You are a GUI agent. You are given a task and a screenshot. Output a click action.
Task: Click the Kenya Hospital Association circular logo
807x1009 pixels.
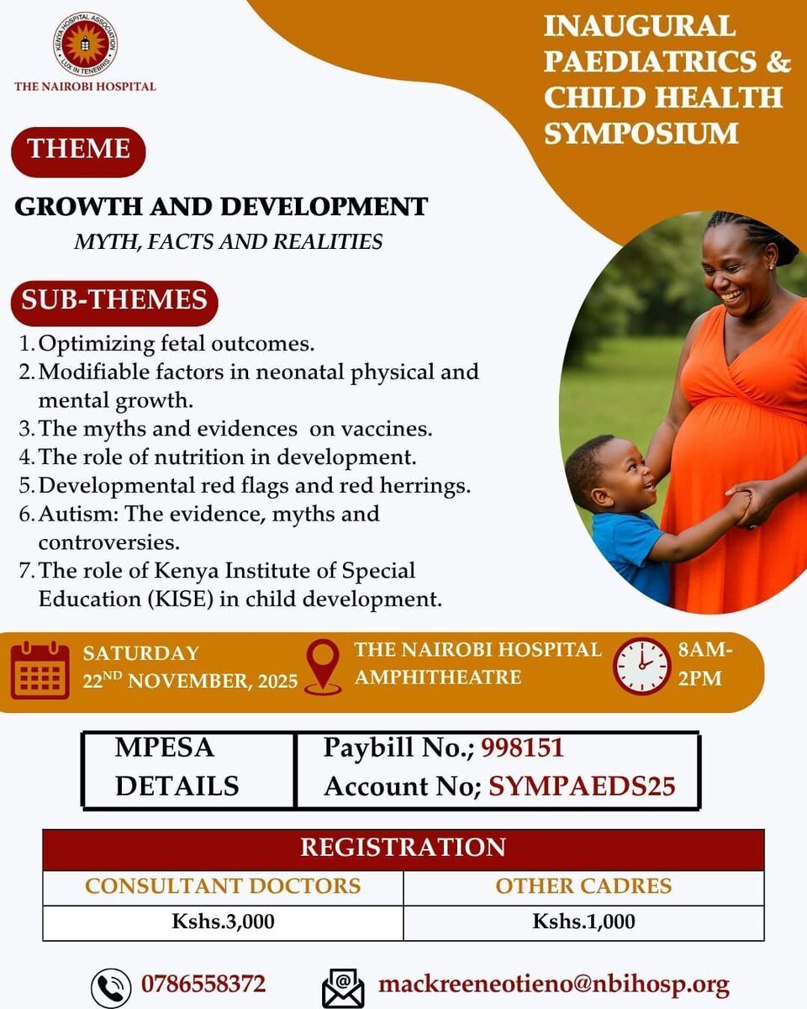tap(85, 44)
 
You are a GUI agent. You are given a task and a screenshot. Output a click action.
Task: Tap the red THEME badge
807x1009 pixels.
tap(78, 152)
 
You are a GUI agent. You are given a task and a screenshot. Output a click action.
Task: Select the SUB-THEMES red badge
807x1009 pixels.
tap(114, 303)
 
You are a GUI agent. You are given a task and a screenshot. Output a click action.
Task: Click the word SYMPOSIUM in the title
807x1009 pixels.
tap(641, 133)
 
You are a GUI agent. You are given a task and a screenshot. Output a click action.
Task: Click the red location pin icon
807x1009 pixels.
tap(323, 666)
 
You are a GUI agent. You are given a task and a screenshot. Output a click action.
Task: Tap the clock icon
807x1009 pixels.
tap(641, 666)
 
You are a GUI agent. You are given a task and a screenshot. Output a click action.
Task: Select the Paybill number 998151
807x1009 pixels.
tap(522, 747)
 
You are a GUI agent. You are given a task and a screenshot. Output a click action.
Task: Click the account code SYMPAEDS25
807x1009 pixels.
tap(582, 786)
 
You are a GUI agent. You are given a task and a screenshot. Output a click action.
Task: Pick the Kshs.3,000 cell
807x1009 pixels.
tap(223, 922)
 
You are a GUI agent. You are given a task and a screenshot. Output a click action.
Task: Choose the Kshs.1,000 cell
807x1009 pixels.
tap(583, 922)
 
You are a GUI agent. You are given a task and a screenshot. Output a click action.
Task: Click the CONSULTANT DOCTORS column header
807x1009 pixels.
tap(223, 886)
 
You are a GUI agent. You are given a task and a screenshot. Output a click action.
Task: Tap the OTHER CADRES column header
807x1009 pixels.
tap(583, 886)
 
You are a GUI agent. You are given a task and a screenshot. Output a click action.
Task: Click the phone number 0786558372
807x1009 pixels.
tap(203, 983)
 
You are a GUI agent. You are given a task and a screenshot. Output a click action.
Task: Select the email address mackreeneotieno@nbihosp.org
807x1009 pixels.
tap(554, 984)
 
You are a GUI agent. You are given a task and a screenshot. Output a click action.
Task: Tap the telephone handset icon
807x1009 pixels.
tap(111, 987)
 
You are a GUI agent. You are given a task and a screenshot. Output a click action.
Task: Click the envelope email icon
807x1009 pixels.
tap(343, 987)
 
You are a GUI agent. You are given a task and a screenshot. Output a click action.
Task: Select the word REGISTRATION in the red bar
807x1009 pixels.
tap(403, 848)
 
